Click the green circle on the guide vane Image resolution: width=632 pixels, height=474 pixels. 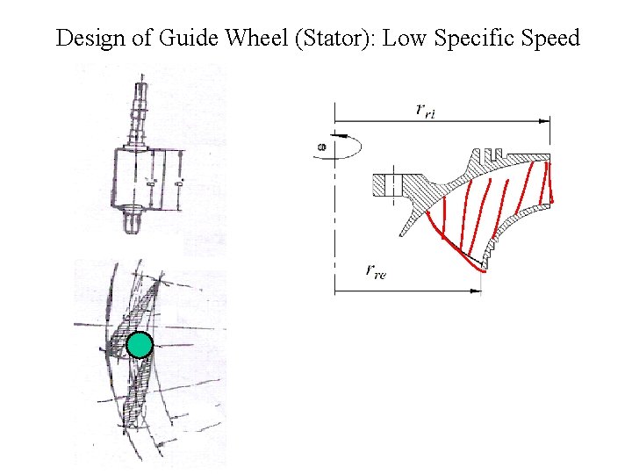[x=139, y=346]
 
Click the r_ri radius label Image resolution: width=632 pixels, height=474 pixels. [x=427, y=110]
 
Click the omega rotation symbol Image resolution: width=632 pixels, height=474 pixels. [x=321, y=147]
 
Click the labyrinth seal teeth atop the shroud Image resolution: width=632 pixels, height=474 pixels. [x=494, y=154]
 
